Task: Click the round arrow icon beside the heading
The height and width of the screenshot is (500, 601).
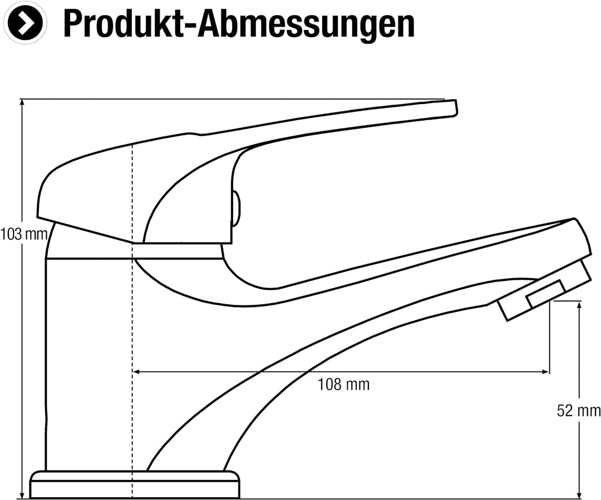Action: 25,23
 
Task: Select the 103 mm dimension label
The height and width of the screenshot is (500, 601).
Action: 24,234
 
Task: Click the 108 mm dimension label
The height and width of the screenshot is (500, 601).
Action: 344,384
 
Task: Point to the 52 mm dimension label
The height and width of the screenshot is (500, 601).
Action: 578,410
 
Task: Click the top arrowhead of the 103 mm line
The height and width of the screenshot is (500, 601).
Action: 22,102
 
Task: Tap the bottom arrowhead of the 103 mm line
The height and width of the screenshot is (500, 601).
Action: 22,496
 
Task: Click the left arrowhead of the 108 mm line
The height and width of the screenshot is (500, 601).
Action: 136,372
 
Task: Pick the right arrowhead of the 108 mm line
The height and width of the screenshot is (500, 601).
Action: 545,372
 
